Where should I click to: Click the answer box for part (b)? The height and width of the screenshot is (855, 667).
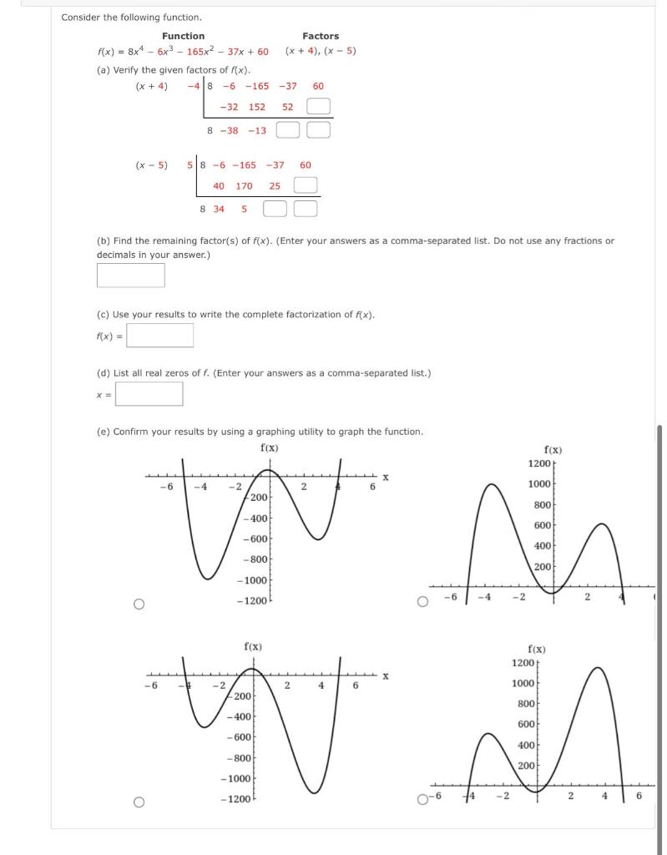click(x=130, y=275)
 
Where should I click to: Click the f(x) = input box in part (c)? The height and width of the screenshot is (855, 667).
click(x=160, y=336)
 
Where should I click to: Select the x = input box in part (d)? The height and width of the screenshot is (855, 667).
click(x=149, y=394)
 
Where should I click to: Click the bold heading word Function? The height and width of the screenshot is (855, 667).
click(x=183, y=36)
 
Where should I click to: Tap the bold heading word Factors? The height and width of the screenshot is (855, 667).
click(x=321, y=36)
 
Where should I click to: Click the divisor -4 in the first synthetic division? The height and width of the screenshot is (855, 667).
click(x=194, y=86)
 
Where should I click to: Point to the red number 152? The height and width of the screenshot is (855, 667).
click(x=257, y=107)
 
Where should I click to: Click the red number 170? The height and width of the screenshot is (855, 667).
click(x=244, y=186)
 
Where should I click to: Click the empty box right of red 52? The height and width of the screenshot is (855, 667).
click(x=318, y=107)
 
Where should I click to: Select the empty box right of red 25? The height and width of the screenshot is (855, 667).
click(x=306, y=186)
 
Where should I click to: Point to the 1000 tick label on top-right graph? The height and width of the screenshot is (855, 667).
click(x=539, y=484)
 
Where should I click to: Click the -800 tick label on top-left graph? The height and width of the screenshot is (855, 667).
click(x=255, y=559)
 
